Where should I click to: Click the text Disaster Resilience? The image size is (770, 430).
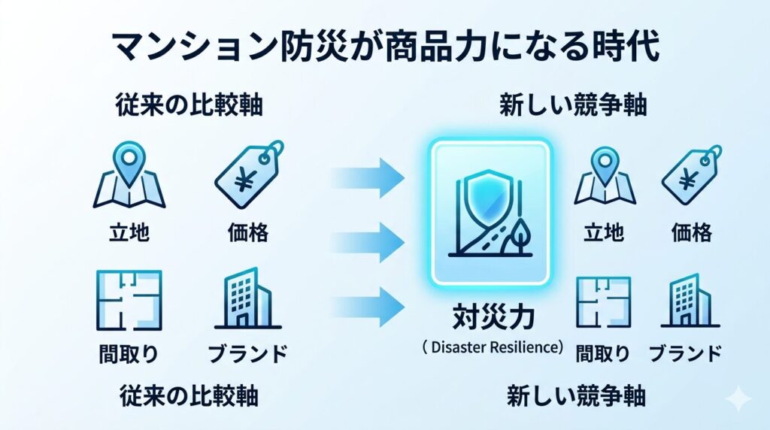493,348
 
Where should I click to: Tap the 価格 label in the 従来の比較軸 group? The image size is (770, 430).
248,232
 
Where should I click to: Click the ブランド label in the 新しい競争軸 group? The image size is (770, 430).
685,352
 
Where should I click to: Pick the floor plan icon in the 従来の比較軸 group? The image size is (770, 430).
129,301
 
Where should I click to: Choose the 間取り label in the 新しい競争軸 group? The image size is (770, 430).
602,352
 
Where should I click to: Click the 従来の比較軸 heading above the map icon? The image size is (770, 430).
189,105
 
